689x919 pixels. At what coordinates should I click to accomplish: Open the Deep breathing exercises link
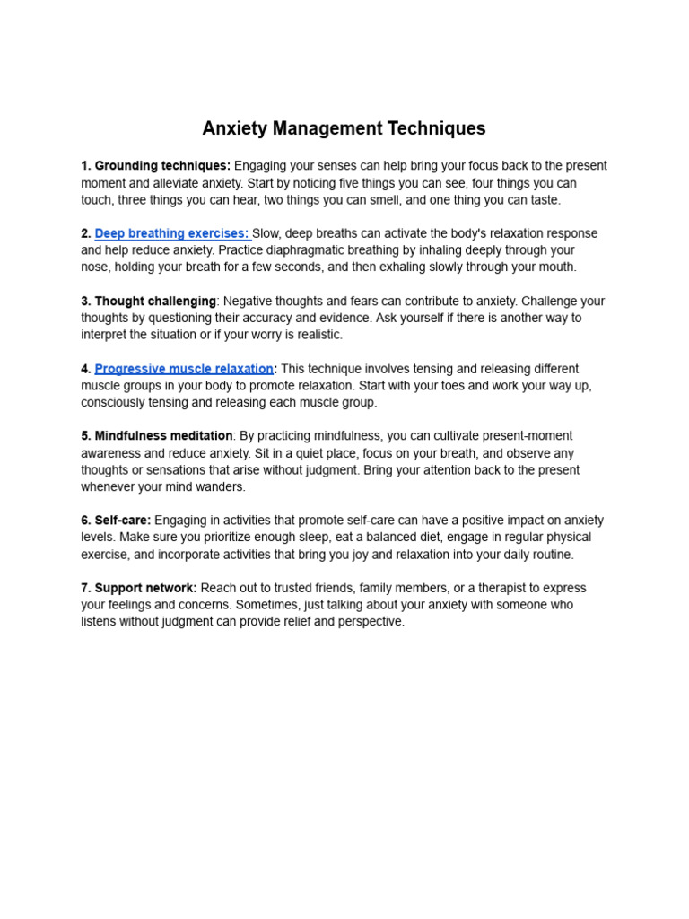pos(170,233)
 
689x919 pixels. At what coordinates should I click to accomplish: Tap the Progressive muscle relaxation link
pos(184,369)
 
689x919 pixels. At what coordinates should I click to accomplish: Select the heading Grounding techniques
pos(162,166)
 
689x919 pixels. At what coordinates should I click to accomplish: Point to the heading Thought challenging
pos(155,302)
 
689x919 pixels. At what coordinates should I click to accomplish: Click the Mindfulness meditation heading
pos(163,436)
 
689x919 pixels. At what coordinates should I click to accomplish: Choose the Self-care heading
pos(123,521)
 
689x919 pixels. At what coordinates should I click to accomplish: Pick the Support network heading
pos(145,588)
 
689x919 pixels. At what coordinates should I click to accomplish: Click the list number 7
pos(85,588)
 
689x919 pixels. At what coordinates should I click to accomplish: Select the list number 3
pos(85,302)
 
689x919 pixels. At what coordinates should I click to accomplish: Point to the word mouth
pos(556,267)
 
